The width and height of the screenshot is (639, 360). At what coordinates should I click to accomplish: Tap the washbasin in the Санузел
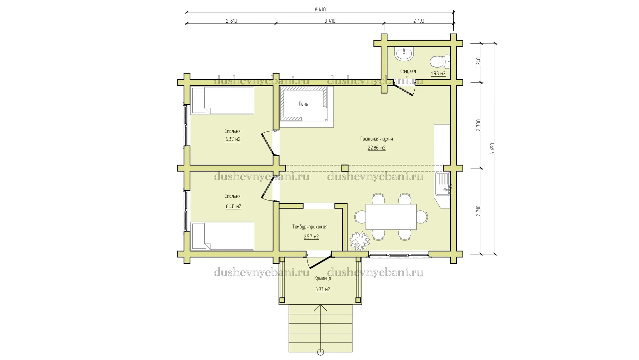click(404, 54)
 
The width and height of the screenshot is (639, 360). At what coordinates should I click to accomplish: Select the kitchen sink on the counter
click(443, 184)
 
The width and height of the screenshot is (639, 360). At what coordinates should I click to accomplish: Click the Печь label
click(303, 104)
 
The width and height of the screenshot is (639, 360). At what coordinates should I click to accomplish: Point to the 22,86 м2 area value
click(376, 148)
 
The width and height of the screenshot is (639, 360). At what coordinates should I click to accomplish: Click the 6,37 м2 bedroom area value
click(233, 139)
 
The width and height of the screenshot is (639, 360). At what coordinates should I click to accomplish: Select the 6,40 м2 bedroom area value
click(233, 206)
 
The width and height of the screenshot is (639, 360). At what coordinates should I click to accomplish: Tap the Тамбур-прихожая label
click(310, 227)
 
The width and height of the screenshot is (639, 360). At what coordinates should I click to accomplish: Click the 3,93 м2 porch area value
click(322, 289)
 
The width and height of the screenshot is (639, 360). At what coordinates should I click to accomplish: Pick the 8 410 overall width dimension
click(320, 10)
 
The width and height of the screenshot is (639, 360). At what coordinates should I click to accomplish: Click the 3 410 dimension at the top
click(330, 21)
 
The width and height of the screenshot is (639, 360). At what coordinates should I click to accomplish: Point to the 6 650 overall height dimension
click(493, 149)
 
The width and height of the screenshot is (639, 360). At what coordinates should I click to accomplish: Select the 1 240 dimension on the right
click(479, 63)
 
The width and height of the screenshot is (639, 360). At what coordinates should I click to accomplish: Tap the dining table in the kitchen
click(391, 217)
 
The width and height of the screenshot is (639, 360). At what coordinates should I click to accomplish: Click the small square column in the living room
click(345, 168)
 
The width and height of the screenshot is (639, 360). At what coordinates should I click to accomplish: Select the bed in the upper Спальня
click(222, 101)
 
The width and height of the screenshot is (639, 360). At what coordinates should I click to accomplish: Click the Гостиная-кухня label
click(376, 139)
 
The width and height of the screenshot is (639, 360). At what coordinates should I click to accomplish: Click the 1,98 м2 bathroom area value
click(438, 74)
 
